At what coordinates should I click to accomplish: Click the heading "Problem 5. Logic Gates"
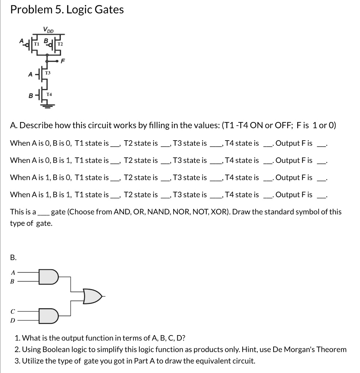click(x=67, y=10)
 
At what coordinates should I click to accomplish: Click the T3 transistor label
click(x=48, y=73)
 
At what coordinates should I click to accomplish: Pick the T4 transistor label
click(x=49, y=95)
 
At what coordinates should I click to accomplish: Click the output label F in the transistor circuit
click(x=62, y=62)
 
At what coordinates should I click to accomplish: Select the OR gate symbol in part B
click(x=92, y=296)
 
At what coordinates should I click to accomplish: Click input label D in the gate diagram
click(x=13, y=321)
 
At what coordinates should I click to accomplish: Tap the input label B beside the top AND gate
click(x=13, y=281)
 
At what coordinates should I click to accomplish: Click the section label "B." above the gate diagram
click(x=13, y=258)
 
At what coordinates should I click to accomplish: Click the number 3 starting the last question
click(x=17, y=361)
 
